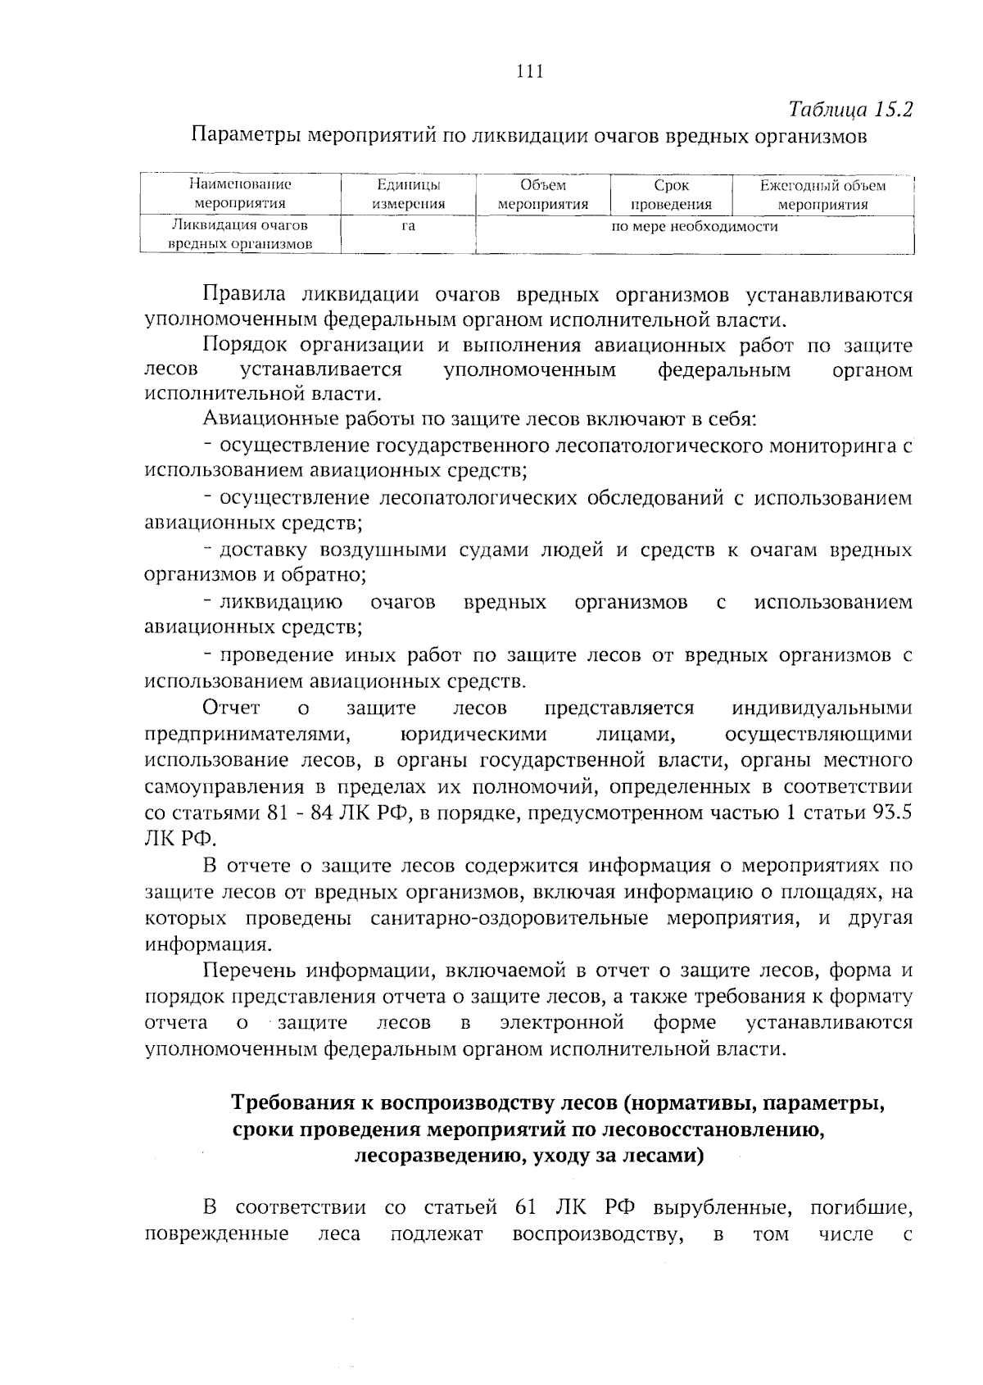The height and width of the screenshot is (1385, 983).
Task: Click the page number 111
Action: point(531,71)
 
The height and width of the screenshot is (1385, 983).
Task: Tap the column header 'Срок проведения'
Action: point(671,195)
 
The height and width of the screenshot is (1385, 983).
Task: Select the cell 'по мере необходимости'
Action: point(695,226)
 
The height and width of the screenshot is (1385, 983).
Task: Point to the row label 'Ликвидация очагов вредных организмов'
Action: point(240,234)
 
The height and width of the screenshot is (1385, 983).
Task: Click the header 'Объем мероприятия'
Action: point(542,195)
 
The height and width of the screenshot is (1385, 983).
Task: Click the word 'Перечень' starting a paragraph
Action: point(249,971)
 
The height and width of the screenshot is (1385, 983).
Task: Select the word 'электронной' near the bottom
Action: point(562,1023)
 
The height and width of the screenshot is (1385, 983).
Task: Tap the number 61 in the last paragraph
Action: point(526,1208)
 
